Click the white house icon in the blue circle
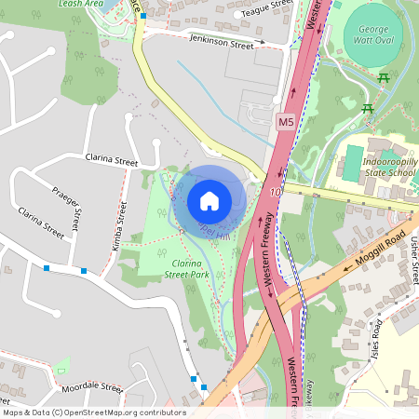click(209, 200)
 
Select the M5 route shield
click(286, 122)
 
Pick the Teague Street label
click(266, 12)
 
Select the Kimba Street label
click(121, 228)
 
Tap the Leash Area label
click(80, 4)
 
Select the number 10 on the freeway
click(276, 193)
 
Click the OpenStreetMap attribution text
click(94, 412)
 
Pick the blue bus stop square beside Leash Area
click(142, 16)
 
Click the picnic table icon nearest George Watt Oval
click(384, 78)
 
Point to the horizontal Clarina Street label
click(111, 161)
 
